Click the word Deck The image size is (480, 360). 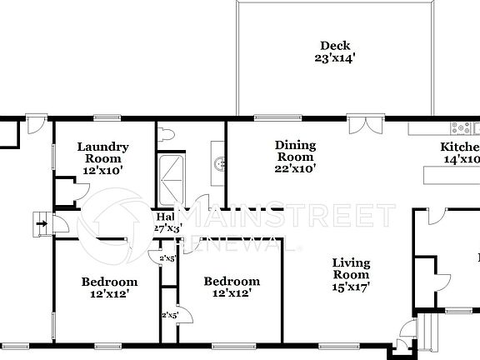[x=335, y=46]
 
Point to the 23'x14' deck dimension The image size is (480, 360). [x=335, y=59]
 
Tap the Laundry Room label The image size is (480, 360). [x=102, y=152]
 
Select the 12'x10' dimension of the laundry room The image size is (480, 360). [x=102, y=170]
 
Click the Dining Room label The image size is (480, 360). [x=295, y=151]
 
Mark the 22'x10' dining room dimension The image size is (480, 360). [x=295, y=168]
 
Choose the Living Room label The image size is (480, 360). [x=351, y=268]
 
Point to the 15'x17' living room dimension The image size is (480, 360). [x=351, y=287]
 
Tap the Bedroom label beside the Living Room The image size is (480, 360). [x=232, y=282]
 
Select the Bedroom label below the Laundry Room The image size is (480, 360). [x=109, y=282]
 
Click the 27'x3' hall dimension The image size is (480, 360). [x=166, y=227]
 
